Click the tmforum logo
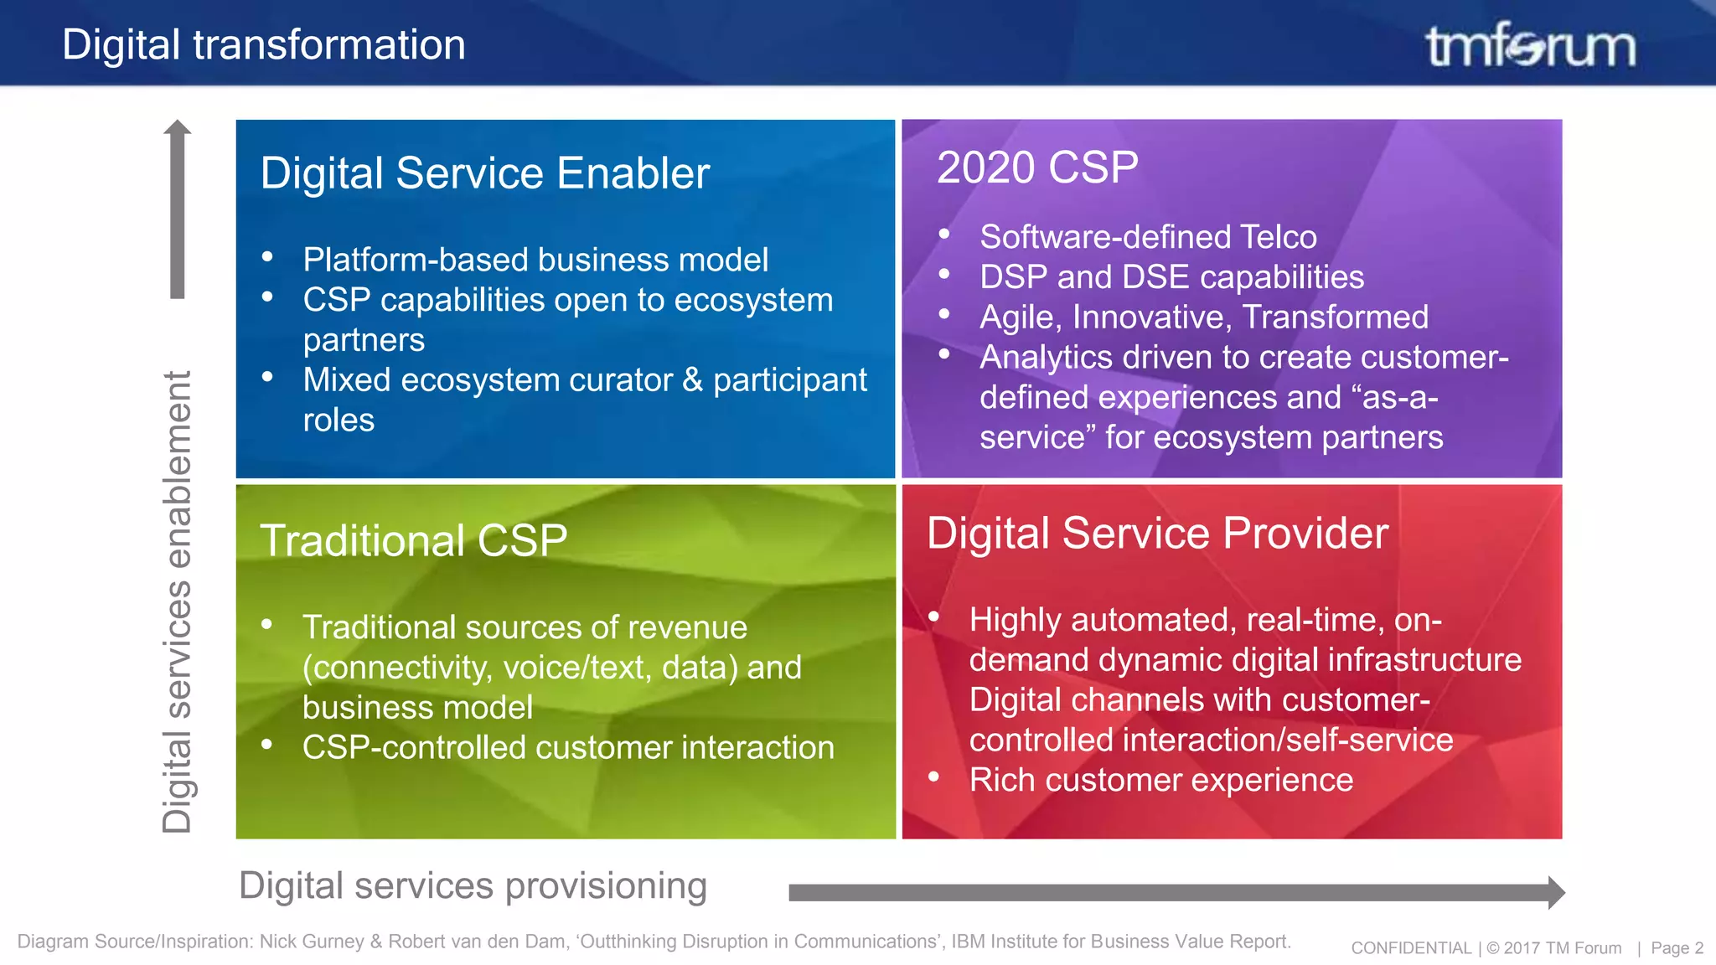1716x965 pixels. (1530, 45)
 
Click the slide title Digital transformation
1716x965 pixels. (263, 44)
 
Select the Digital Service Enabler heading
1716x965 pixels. (484, 173)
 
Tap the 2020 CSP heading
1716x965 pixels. (1037, 168)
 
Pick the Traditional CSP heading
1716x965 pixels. (414, 540)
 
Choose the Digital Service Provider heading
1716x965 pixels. (1157, 534)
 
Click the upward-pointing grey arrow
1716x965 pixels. (177, 209)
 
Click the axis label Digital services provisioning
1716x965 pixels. (473, 886)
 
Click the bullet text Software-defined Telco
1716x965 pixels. (1148, 237)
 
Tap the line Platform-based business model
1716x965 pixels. (535, 260)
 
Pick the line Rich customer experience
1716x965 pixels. (1160, 780)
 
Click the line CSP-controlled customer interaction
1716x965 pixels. (568, 747)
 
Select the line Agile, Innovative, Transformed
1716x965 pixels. (1204, 317)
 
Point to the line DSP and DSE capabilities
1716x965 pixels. (1171, 277)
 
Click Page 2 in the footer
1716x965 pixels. (1677, 948)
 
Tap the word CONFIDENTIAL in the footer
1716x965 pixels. (1411, 948)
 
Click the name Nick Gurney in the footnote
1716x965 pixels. (312, 942)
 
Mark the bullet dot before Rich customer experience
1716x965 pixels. (933, 777)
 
